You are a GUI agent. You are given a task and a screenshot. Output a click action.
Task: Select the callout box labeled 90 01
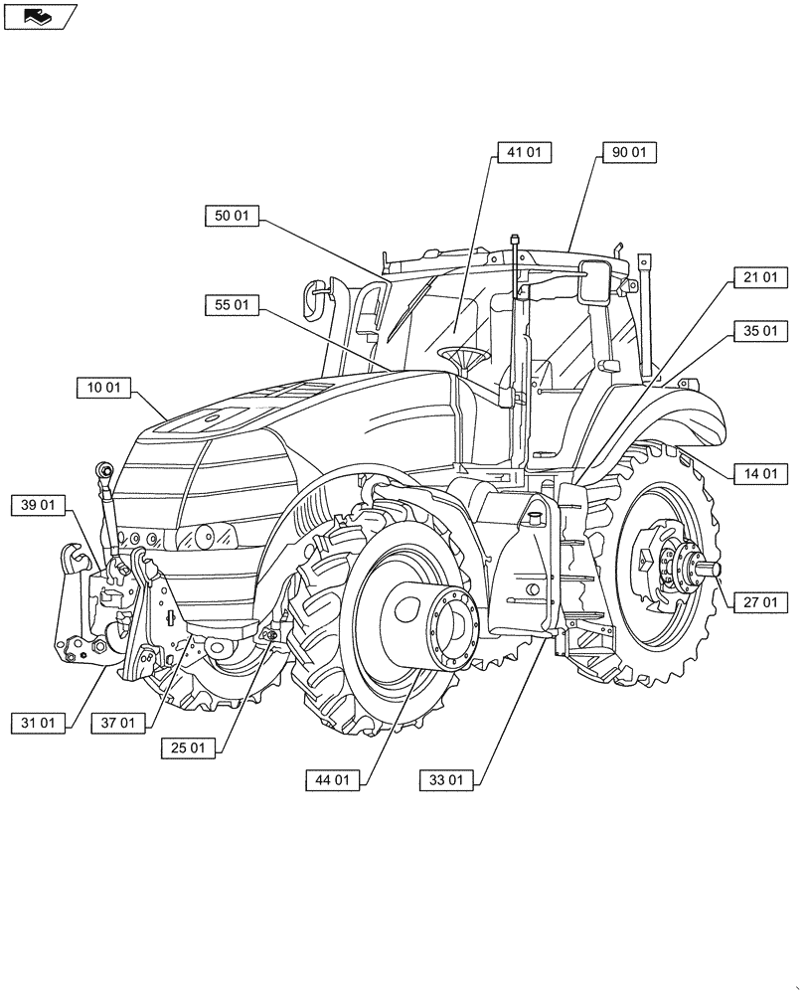[629, 152]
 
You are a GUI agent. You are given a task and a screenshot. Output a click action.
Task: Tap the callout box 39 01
[39, 506]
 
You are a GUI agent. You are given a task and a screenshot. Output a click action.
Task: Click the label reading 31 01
[39, 723]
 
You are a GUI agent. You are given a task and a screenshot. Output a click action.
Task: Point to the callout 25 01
[188, 748]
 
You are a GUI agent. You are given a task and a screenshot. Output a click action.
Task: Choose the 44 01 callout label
[332, 780]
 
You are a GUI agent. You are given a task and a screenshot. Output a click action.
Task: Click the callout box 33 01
[447, 780]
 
